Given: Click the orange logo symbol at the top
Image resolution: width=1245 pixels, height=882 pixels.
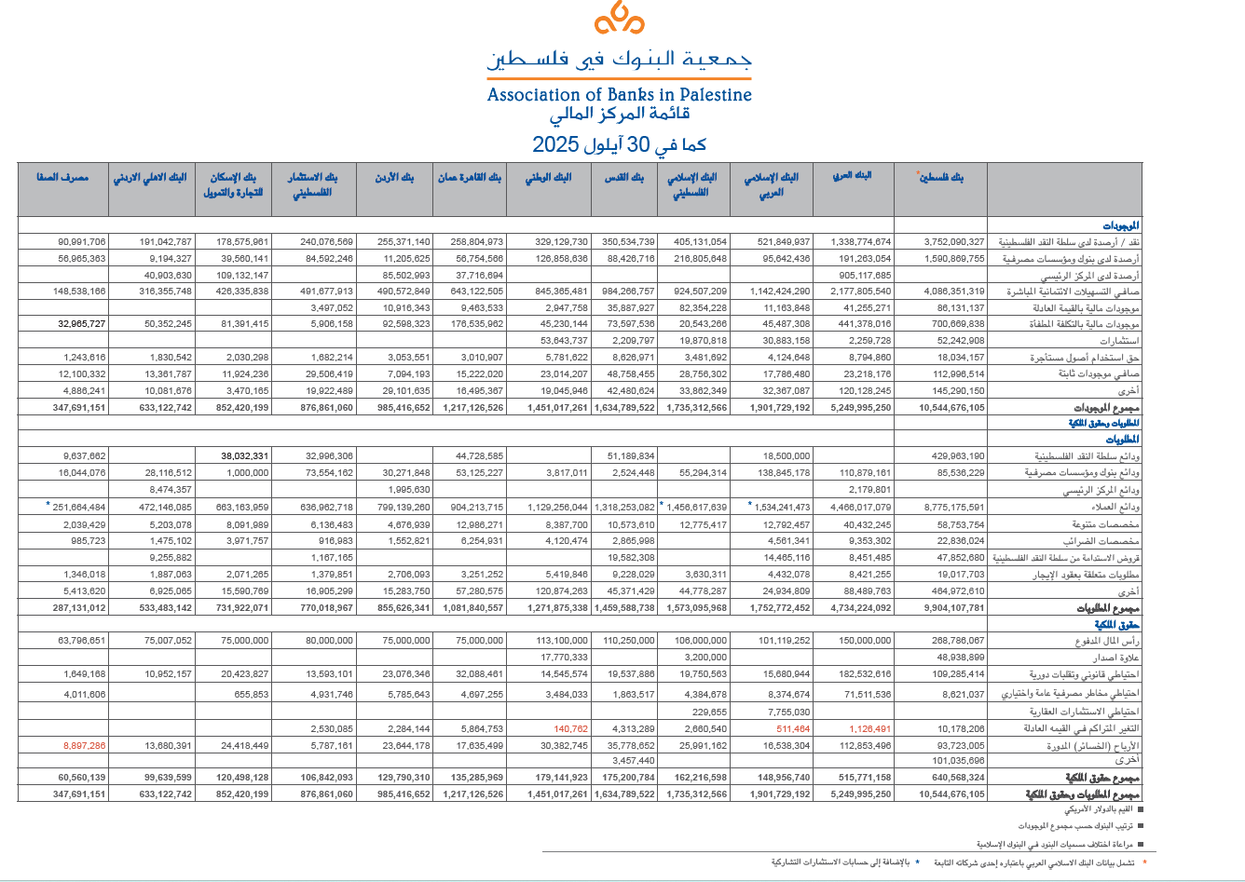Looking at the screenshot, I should click(619, 19).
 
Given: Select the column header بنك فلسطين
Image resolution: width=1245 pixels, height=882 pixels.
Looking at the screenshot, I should click(941, 177).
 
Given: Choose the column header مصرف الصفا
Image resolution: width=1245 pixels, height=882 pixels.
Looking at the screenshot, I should click(62, 177).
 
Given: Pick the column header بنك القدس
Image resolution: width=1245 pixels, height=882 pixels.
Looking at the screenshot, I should click(624, 177).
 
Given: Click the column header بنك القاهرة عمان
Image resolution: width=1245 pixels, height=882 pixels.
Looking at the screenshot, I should click(470, 177).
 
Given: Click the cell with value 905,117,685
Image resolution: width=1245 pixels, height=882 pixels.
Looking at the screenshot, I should click(866, 276).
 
